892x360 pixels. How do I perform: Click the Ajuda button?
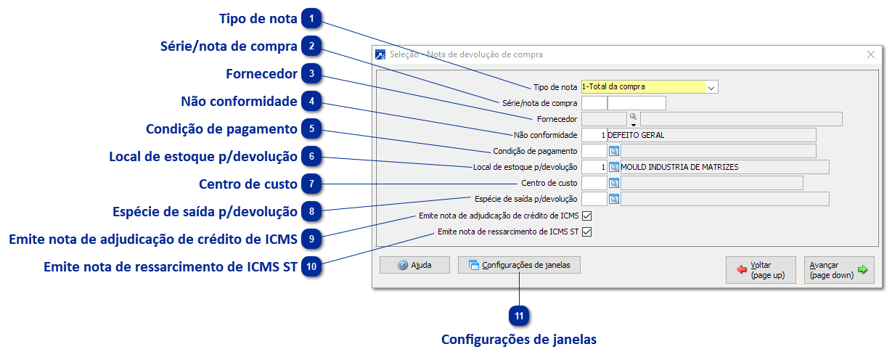click(x=414, y=266)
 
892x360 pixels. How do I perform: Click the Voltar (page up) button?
click(x=761, y=270)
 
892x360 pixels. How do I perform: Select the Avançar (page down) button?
click(x=838, y=270)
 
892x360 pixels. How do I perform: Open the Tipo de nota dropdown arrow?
click(x=711, y=87)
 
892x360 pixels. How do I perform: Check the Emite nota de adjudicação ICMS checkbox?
click(x=587, y=216)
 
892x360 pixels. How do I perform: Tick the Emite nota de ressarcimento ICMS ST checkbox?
click(x=587, y=232)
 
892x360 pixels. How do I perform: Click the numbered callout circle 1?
click(x=311, y=18)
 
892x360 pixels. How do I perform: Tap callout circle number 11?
click(x=519, y=316)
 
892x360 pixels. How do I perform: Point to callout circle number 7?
click(x=311, y=184)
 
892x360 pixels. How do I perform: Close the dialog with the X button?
click(x=871, y=54)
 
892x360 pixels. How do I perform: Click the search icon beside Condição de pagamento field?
click(x=613, y=151)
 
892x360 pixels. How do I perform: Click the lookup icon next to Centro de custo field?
click(x=613, y=183)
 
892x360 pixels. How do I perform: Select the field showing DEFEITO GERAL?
click(x=711, y=135)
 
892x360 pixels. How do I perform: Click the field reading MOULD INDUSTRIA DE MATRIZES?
click(x=724, y=167)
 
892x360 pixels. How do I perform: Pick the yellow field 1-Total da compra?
click(x=642, y=87)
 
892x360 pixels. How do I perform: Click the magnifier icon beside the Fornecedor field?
click(x=632, y=117)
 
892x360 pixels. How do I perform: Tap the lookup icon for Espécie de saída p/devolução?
click(x=613, y=199)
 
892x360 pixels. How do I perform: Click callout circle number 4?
click(x=311, y=101)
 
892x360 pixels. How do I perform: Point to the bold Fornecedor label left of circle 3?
click(x=261, y=74)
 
